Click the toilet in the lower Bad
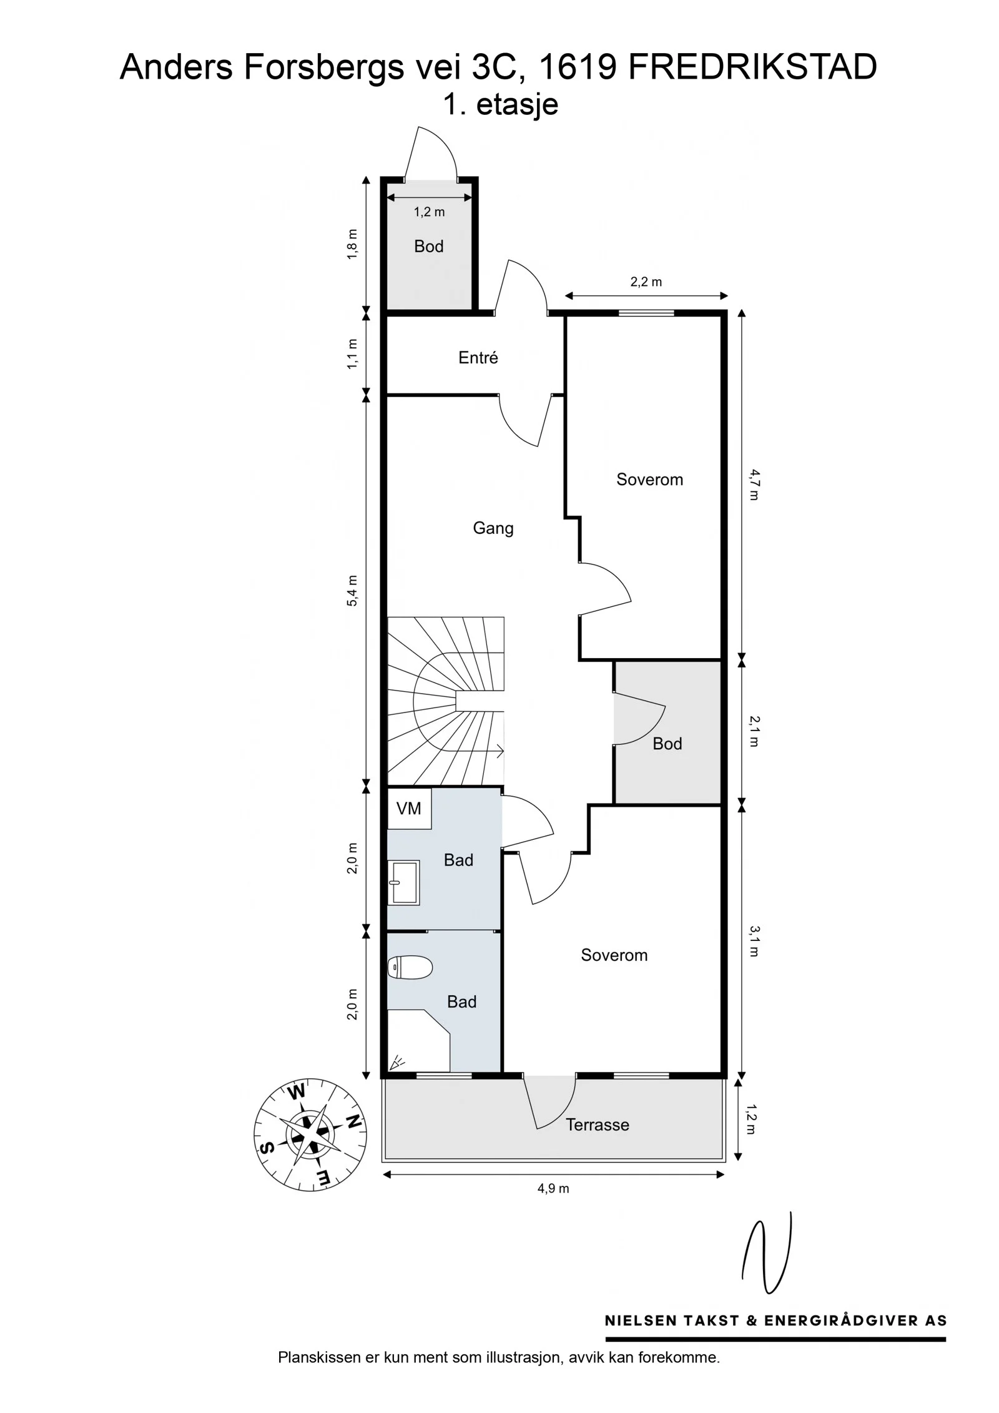[410, 968]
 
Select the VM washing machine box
[409, 809]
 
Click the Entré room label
[478, 357]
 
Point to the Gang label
[493, 528]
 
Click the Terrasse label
[597, 1125]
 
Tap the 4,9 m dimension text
[553, 1188]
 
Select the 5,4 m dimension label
[353, 590]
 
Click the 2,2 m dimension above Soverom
[646, 282]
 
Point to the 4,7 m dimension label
[754, 485]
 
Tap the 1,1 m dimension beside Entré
[353, 353]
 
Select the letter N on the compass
[353, 1121]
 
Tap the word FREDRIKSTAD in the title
[752, 67]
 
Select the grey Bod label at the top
[428, 246]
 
